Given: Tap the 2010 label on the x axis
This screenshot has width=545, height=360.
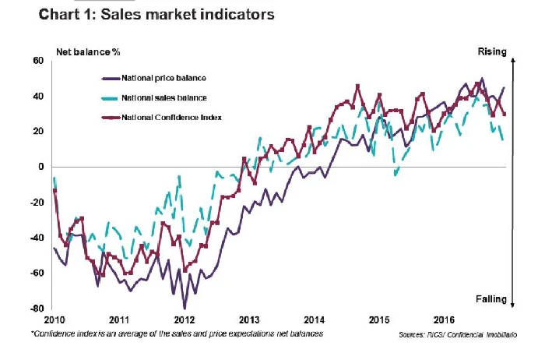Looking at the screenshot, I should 53,320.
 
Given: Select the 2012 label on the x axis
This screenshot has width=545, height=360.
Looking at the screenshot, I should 184,320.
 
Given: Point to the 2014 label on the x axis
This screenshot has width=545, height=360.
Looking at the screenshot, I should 315,320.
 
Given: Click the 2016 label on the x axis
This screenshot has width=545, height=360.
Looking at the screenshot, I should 445,320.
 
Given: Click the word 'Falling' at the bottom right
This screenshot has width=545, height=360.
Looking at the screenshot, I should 491,299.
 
